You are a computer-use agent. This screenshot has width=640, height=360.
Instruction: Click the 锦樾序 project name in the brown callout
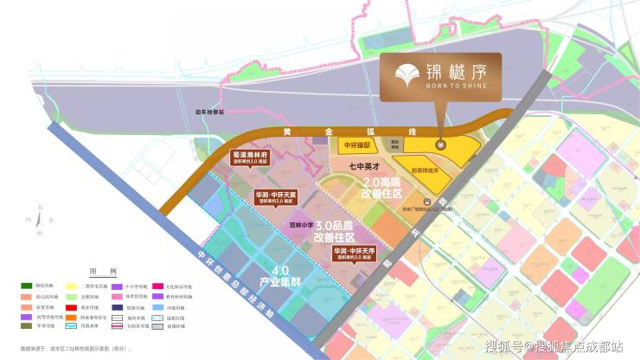(461, 71)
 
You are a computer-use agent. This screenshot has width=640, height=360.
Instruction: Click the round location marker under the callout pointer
(438, 145)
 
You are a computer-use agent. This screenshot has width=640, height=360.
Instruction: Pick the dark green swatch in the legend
(27, 285)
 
